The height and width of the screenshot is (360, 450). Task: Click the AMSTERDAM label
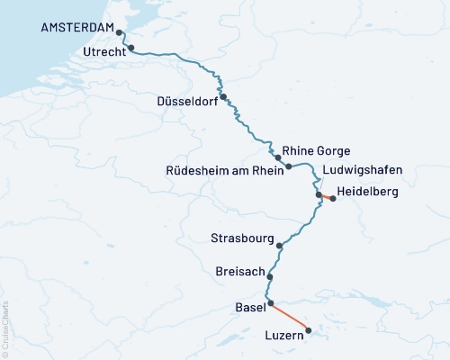click(77, 28)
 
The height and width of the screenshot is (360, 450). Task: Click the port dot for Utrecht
click(131, 48)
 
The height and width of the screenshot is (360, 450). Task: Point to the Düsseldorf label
click(187, 100)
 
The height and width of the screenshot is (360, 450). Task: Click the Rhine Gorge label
click(316, 150)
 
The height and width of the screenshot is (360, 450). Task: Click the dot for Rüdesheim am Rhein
click(288, 166)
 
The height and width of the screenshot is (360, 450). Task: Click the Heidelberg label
click(367, 192)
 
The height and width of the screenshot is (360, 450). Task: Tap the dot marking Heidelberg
click(333, 199)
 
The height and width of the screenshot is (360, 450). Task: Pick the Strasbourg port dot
click(280, 245)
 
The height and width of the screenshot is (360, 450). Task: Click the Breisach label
click(239, 270)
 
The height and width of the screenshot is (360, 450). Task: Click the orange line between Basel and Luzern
click(290, 318)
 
